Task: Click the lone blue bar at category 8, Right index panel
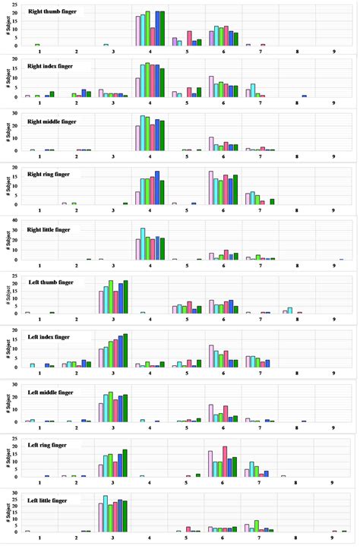(304, 96)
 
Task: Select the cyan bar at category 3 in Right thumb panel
(106, 45)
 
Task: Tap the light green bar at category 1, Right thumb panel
(37, 45)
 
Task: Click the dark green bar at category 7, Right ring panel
(272, 202)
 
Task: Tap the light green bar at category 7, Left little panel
(257, 525)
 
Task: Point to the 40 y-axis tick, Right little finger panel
(14, 221)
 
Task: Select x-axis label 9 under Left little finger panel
(333, 538)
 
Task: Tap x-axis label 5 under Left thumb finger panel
(186, 321)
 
